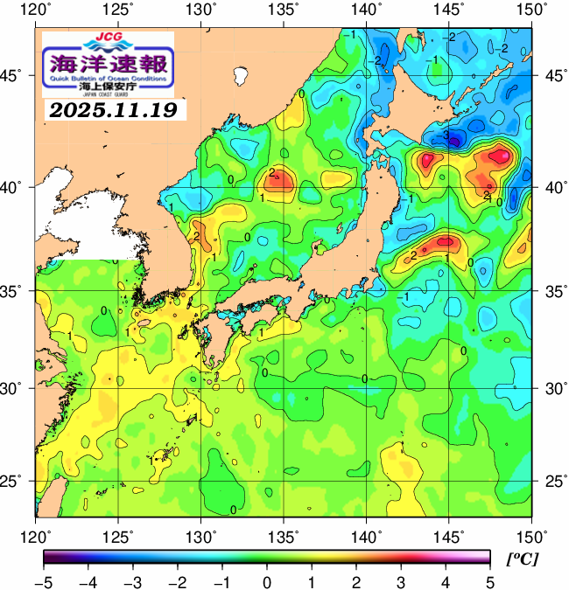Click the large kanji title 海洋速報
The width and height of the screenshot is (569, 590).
tap(108, 64)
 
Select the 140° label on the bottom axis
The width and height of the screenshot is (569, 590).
tap(367, 535)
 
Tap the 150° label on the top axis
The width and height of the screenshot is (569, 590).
tap(531, 10)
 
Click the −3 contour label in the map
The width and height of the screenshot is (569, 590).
tap(446, 136)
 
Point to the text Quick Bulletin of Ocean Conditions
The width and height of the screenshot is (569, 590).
tap(108, 78)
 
